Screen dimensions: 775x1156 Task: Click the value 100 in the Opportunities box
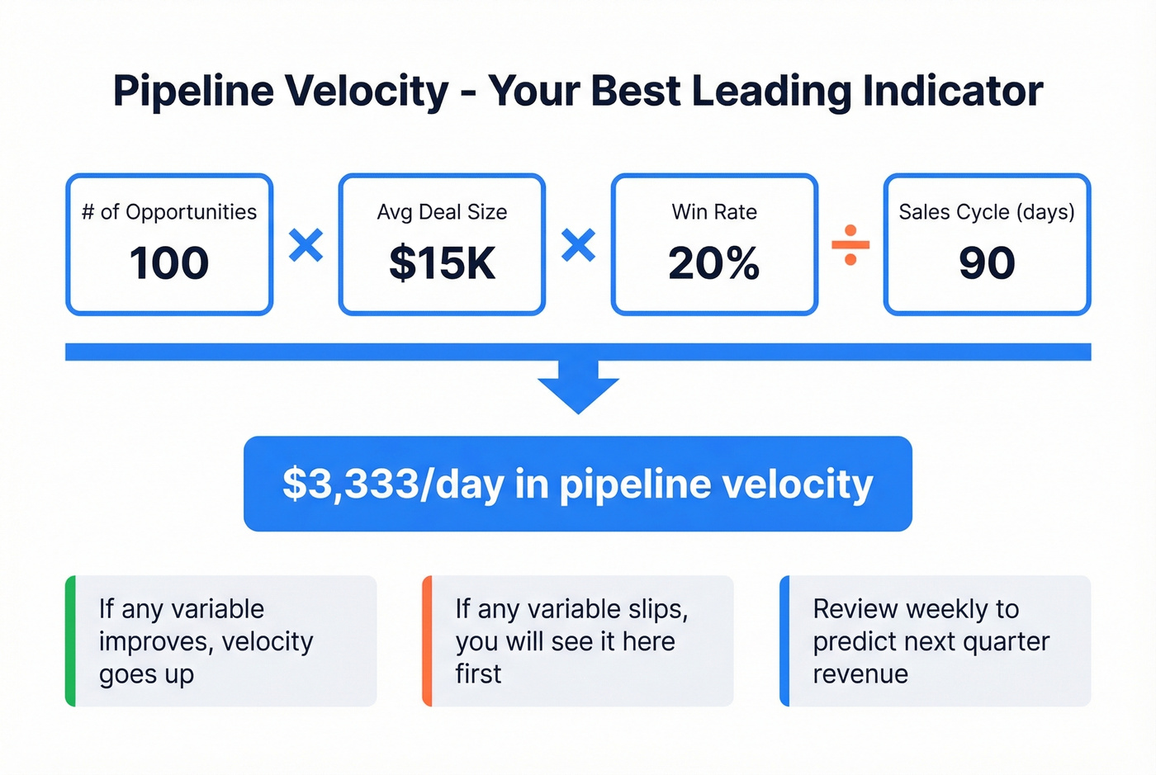tap(169, 263)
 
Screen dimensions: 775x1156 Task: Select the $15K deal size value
tap(442, 263)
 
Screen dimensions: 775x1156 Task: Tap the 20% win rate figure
tap(714, 263)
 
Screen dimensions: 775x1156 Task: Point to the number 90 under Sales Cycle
tap(987, 263)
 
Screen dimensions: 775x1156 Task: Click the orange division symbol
tap(850, 245)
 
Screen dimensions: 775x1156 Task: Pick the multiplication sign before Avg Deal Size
tap(306, 245)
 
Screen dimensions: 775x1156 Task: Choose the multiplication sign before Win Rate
tap(578, 245)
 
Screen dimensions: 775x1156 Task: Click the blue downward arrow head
tap(578, 395)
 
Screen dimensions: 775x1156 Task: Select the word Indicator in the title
tap(953, 91)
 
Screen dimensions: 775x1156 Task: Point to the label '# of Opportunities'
tap(169, 212)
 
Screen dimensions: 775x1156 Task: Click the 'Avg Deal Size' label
tap(442, 212)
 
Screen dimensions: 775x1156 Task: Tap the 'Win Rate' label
tap(714, 212)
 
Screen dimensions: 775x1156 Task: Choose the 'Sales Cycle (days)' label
tap(987, 212)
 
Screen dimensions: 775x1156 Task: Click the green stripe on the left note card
tap(71, 641)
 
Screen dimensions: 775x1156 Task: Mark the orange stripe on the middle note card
tap(427, 641)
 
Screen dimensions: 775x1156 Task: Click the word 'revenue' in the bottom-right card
tap(860, 674)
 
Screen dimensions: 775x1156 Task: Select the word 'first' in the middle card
tap(478, 674)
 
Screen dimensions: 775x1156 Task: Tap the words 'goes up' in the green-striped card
tap(146, 674)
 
